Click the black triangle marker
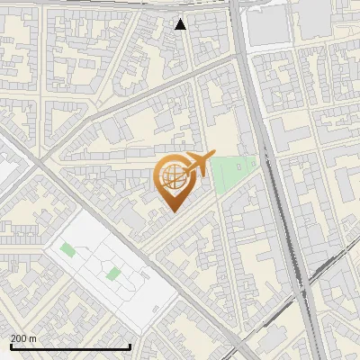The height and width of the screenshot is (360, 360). (181, 24)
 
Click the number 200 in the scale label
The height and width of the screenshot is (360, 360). (19, 338)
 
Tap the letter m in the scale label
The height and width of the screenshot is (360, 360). (33, 338)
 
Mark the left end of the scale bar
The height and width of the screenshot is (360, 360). (10, 346)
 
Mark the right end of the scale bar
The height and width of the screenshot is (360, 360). (131, 346)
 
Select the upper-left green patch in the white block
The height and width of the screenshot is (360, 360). (67, 247)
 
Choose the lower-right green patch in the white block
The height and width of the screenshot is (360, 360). (112, 272)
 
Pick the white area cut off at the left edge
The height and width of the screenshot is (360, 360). (4, 171)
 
